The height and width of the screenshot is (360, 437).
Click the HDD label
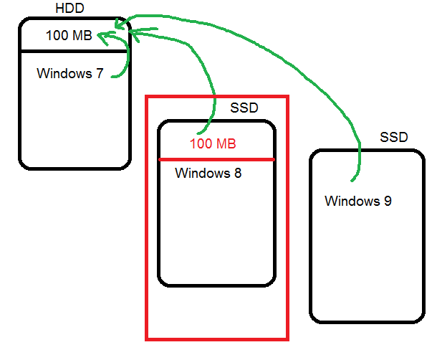pos(69,8)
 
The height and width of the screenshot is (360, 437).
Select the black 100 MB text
pos(69,34)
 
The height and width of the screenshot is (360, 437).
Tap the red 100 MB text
pos(213,144)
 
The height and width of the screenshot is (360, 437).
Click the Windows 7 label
pos(70,73)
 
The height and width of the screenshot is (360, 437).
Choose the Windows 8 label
pos(208,173)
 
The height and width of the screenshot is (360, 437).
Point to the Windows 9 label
pos(357,201)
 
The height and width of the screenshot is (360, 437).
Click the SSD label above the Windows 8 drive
pos(244,108)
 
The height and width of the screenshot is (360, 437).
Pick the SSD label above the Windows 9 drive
pos(393,136)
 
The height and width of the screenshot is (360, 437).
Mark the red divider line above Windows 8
pos(216,159)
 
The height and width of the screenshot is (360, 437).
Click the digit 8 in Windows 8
pos(236,173)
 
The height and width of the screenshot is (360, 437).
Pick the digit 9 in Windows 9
pos(387,201)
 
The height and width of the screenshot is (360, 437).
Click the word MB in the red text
pos(225,144)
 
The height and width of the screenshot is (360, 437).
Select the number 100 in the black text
pos(57,34)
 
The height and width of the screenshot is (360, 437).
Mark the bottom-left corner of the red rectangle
pos(147,338)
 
